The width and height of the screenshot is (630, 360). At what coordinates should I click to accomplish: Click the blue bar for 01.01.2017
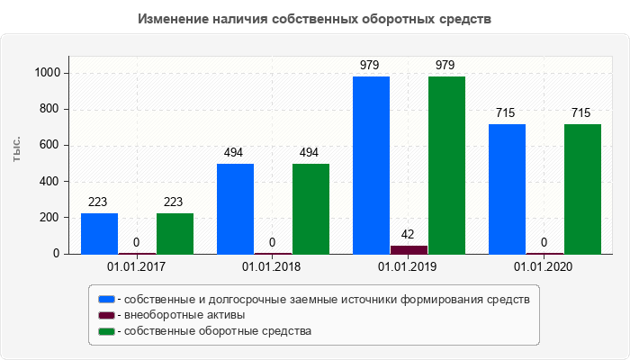pyautogui.click(x=99, y=233)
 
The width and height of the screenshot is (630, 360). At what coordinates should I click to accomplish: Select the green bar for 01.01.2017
pyautogui.click(x=175, y=233)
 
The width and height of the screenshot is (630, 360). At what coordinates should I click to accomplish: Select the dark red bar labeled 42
pyautogui.click(x=409, y=249)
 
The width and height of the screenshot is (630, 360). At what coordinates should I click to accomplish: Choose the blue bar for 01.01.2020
pyautogui.click(x=507, y=189)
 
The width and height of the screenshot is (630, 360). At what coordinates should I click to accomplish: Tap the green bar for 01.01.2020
pyautogui.click(x=582, y=189)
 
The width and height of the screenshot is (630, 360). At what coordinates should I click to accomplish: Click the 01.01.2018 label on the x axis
pyautogui.click(x=272, y=267)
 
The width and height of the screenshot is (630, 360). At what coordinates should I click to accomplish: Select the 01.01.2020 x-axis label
pyautogui.click(x=544, y=267)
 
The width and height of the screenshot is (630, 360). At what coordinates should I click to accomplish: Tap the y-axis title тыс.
pyautogui.click(x=17, y=148)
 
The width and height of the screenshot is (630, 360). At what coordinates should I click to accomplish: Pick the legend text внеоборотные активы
pyautogui.click(x=185, y=315)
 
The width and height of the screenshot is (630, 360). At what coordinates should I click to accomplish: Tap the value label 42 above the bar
pyautogui.click(x=409, y=234)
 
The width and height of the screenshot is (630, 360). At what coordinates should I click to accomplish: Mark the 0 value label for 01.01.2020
pyautogui.click(x=544, y=242)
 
